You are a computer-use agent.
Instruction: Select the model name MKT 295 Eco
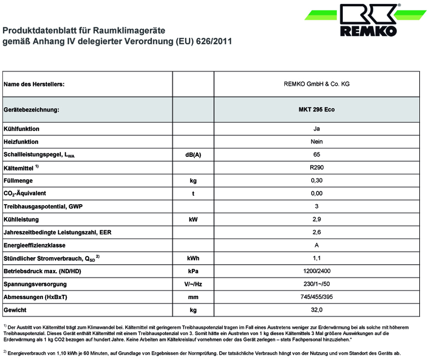pyautogui.click(x=317, y=110)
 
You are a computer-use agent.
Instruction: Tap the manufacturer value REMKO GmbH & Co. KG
pyautogui.click(x=317, y=84)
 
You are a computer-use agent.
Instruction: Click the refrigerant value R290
pyautogui.click(x=317, y=168)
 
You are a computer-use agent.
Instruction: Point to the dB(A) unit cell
pyautogui.click(x=193, y=155)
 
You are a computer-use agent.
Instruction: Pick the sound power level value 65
pyautogui.click(x=317, y=155)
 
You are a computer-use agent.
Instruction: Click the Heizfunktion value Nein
pyautogui.click(x=317, y=142)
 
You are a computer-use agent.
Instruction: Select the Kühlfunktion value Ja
pyautogui.click(x=317, y=129)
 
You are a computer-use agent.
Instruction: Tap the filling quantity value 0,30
pyautogui.click(x=317, y=181)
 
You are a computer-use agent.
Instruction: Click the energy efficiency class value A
pyautogui.click(x=317, y=245)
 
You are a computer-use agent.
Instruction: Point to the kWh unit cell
pyautogui.click(x=193, y=258)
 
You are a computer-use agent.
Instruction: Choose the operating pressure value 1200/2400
pyautogui.click(x=317, y=271)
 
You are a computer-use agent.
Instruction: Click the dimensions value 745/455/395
pyautogui.click(x=317, y=297)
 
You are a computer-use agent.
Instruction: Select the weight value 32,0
pyautogui.click(x=317, y=310)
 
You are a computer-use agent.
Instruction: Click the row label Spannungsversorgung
pyautogui.click(x=35, y=284)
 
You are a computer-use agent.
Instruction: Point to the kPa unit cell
pyautogui.click(x=193, y=271)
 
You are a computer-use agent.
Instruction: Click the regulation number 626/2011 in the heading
pyautogui.click(x=214, y=41)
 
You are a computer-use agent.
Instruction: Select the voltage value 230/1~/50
pyautogui.click(x=317, y=284)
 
